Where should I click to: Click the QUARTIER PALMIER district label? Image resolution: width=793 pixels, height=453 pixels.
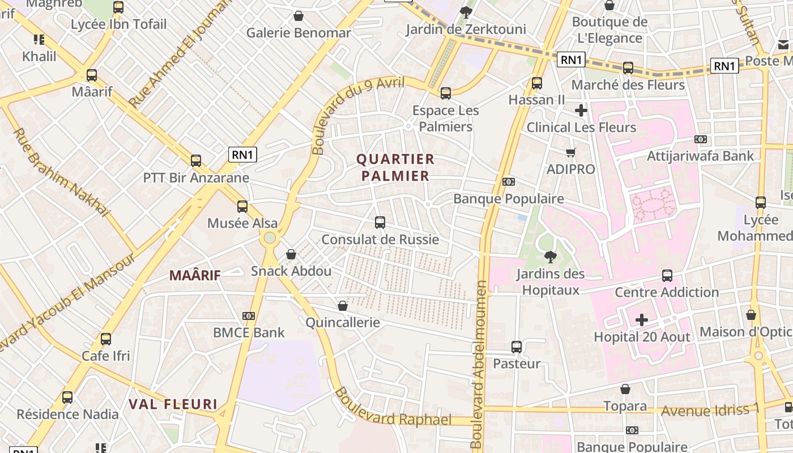pyautogui.click(x=395, y=168)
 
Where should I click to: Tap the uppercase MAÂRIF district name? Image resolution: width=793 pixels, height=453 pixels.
pyautogui.click(x=195, y=276)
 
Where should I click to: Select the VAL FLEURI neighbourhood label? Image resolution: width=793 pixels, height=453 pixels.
pyautogui.click(x=173, y=404)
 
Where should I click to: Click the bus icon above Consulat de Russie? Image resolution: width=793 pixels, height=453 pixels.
pyautogui.click(x=380, y=223)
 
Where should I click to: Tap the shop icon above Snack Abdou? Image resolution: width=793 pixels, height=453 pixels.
pyautogui.click(x=291, y=254)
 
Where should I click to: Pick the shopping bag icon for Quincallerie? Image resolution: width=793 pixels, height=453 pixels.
pyautogui.click(x=343, y=306)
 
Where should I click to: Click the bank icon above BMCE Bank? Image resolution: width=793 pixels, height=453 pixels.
pyautogui.click(x=249, y=316)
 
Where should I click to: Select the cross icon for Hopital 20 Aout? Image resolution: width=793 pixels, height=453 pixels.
pyautogui.click(x=641, y=320)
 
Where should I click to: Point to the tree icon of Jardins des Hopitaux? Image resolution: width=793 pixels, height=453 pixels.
pyautogui.click(x=550, y=257)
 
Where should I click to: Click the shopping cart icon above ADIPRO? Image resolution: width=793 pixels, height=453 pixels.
pyautogui.click(x=570, y=152)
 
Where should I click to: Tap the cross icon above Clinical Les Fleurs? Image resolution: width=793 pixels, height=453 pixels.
pyautogui.click(x=581, y=110)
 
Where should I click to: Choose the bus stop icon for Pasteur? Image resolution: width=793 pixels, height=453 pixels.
pyautogui.click(x=517, y=347)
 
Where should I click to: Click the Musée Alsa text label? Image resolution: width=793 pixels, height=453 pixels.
pyautogui.click(x=242, y=223)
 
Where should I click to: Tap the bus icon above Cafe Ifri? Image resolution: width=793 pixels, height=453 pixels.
pyautogui.click(x=106, y=339)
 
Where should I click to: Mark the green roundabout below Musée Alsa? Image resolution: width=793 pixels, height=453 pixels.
pyautogui.click(x=270, y=238)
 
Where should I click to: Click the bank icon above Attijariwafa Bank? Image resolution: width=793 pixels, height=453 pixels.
pyautogui.click(x=701, y=139)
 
